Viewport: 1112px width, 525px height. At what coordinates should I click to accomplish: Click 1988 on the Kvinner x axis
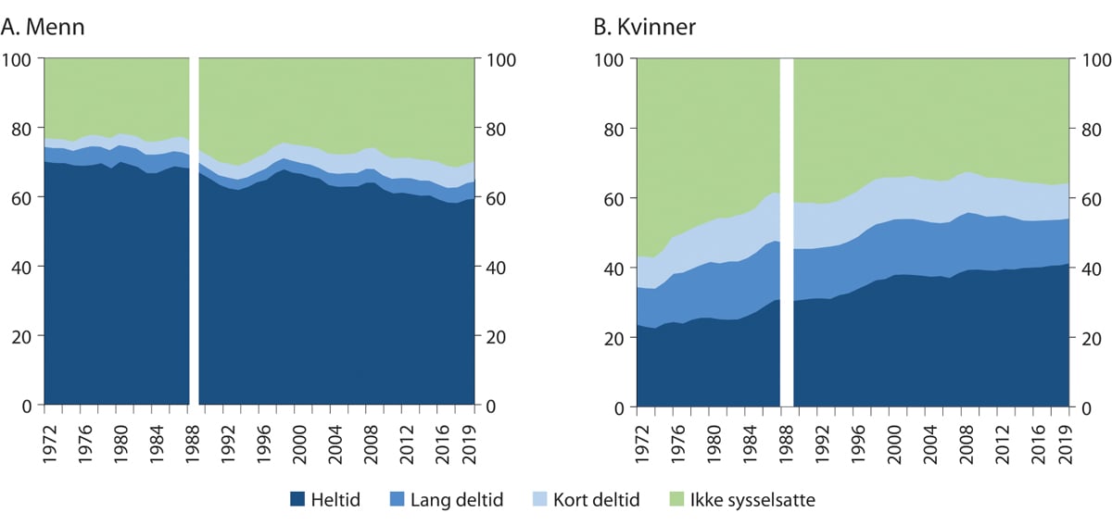click(x=783, y=434)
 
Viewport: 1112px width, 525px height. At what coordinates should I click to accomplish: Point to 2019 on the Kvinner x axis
click(x=1057, y=434)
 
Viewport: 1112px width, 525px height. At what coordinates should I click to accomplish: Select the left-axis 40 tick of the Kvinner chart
click(x=615, y=269)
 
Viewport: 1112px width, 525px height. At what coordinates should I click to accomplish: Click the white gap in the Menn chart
click(x=195, y=231)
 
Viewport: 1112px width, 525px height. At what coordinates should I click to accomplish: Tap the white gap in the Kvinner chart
click(x=788, y=231)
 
